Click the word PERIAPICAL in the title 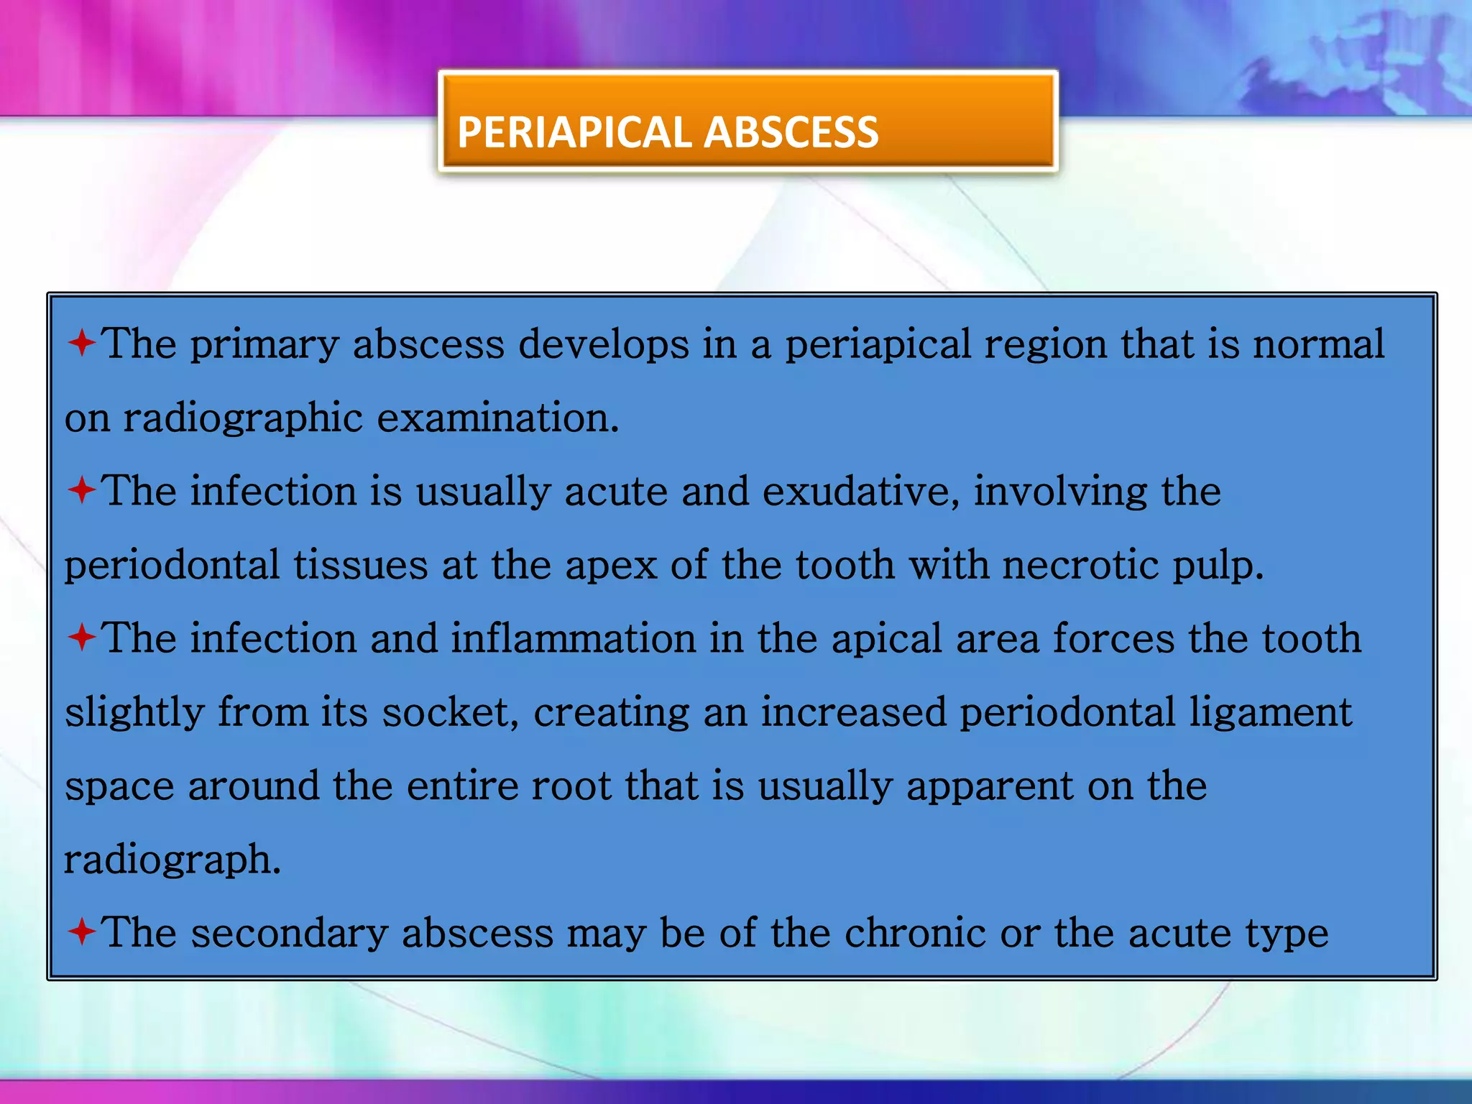click(574, 133)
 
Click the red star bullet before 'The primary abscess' click(82, 343)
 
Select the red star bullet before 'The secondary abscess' click(82, 932)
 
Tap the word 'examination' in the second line click(497, 418)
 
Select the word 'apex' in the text click(611, 566)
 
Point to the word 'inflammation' click(574, 638)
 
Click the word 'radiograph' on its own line click(172, 860)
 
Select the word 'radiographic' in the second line click(243, 419)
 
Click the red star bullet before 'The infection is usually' click(82, 491)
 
